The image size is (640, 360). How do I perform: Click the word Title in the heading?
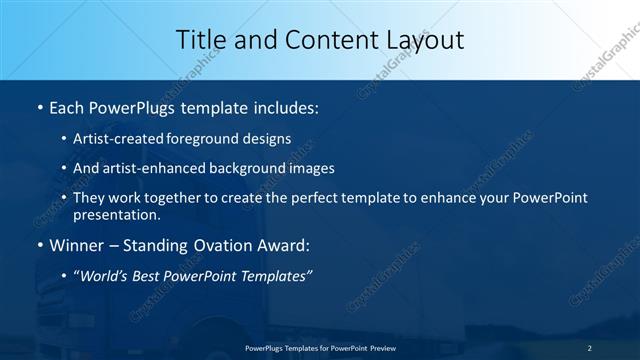[x=200, y=40]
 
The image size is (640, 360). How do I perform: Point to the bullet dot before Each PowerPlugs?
[x=38, y=106]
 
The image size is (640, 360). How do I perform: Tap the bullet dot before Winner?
[x=38, y=244]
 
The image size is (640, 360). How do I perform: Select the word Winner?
[x=75, y=244]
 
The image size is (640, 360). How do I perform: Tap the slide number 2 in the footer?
[x=590, y=347]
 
